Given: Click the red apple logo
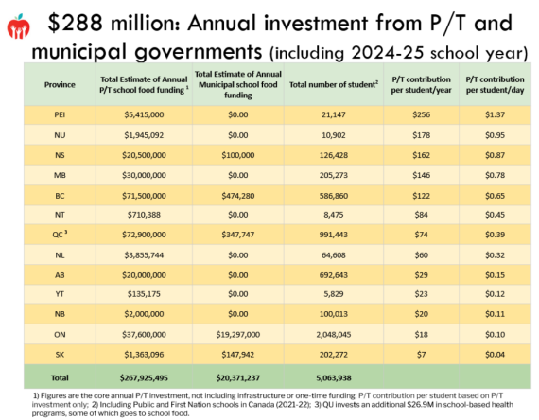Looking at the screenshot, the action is (18, 26).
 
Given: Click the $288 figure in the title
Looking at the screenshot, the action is (75, 23).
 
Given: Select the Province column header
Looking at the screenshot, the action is (60, 84).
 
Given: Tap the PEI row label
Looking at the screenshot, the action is (60, 114).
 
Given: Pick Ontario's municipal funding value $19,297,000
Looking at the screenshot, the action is (238, 334).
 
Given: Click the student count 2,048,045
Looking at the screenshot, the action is (334, 334).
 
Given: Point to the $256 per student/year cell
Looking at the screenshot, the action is (421, 114).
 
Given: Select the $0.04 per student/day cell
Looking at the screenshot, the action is (495, 355).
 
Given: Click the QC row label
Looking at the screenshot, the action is (60, 235).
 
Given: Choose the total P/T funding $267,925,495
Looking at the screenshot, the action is (144, 377).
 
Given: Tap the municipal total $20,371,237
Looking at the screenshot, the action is (238, 377).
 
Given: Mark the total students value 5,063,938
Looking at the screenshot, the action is (334, 377).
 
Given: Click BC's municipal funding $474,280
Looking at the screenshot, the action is (238, 196).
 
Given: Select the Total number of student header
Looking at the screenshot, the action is (334, 84).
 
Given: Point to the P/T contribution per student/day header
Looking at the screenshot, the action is (495, 84).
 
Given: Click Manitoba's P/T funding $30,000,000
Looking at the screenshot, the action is (144, 175).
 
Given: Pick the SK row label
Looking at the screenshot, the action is (60, 355).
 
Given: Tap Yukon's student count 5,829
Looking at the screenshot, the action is (334, 294).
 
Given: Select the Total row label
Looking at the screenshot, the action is (60, 377).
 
